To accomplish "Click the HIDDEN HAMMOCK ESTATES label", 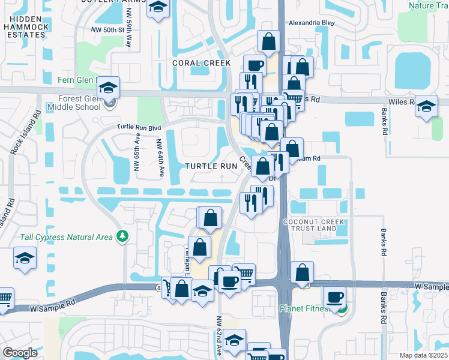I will (x=24, y=27).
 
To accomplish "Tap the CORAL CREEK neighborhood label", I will (x=201, y=63).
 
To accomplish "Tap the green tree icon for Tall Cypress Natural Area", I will (x=122, y=236).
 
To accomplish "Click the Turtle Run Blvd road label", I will (x=139, y=128).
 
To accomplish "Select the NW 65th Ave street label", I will (x=136, y=157).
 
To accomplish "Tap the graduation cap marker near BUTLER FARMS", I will (x=157, y=7).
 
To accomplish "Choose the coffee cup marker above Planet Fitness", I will (x=334, y=296).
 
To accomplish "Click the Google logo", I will (x=20, y=353).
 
